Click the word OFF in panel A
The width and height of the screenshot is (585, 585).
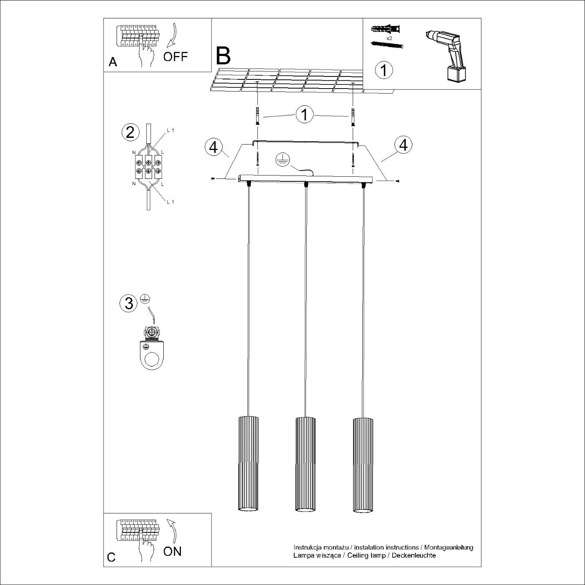pyautogui.click(x=175, y=56)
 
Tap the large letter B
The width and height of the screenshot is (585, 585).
pyautogui.click(x=223, y=56)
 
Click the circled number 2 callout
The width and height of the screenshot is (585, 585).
pyautogui.click(x=130, y=132)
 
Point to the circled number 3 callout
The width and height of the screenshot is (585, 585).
pyautogui.click(x=129, y=303)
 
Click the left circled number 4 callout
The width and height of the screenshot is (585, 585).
pyautogui.click(x=214, y=147)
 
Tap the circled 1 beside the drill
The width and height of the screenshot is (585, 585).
pyautogui.click(x=384, y=70)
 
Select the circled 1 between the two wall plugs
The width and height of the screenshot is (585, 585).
pyautogui.click(x=305, y=114)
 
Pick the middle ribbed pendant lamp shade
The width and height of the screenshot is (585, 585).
pyautogui.click(x=305, y=464)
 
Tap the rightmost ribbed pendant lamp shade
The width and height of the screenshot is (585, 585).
pyautogui.click(x=362, y=464)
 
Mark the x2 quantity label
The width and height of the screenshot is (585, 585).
pyautogui.click(x=389, y=38)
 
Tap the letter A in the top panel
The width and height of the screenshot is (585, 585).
pyautogui.click(x=113, y=62)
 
